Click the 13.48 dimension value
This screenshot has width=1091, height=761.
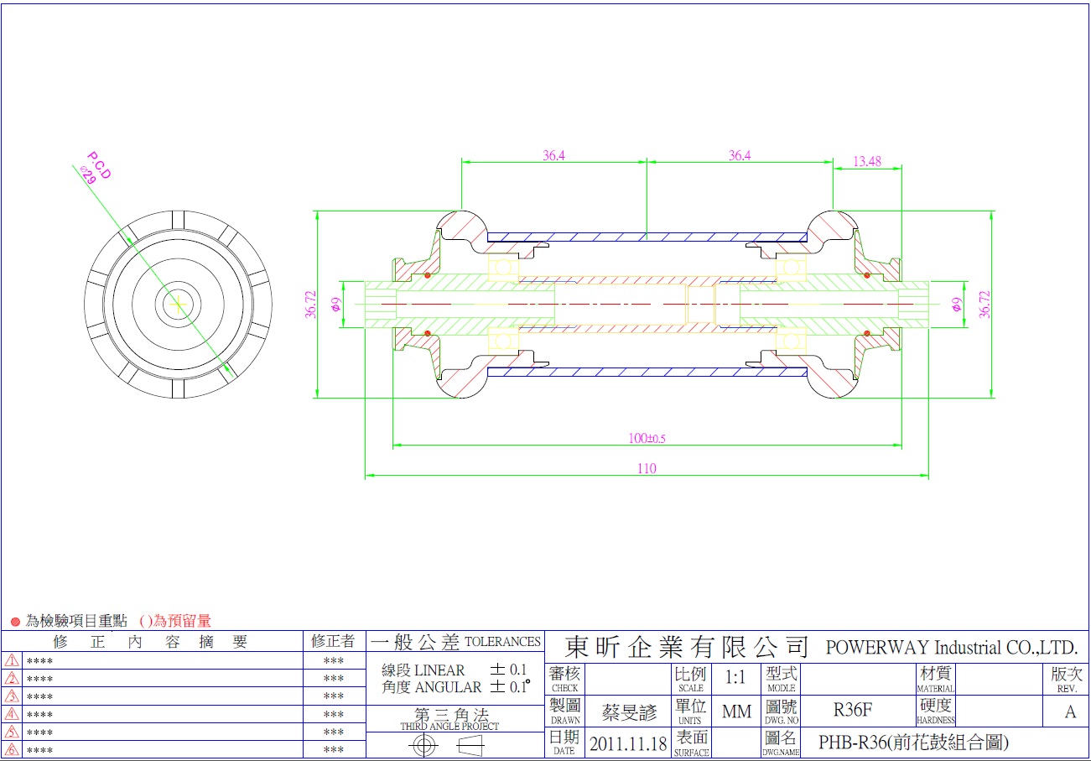click(x=867, y=161)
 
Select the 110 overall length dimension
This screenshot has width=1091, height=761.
click(x=646, y=469)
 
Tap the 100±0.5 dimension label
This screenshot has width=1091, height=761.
click(x=647, y=438)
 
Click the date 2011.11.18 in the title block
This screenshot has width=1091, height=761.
click(x=628, y=743)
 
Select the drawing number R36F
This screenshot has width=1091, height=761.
click(x=853, y=711)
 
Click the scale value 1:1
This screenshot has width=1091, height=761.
click(x=735, y=677)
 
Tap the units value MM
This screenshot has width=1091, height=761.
click(x=736, y=712)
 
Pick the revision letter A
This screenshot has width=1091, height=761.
click(x=1070, y=712)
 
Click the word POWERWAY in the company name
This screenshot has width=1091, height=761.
click(x=865, y=648)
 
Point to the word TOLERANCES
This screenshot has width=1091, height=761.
click(x=502, y=642)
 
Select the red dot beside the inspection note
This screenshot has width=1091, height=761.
click(x=15, y=622)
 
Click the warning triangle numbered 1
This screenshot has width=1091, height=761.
click(x=12, y=660)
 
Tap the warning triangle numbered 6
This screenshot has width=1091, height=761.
click(x=12, y=750)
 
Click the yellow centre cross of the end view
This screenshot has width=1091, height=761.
click(x=178, y=305)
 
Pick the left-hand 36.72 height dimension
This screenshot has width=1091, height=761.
click(x=311, y=305)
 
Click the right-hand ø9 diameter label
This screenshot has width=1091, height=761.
click(x=956, y=305)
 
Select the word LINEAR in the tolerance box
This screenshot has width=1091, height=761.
click(x=439, y=670)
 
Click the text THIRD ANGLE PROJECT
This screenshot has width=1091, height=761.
click(x=449, y=727)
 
